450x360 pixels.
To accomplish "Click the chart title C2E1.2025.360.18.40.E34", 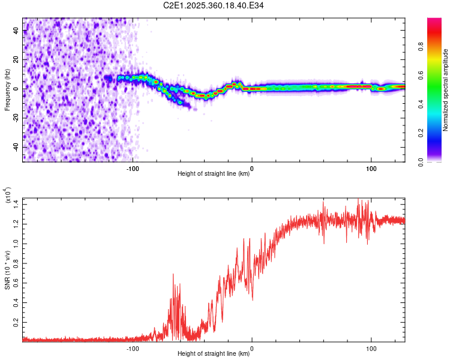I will coord(214,5).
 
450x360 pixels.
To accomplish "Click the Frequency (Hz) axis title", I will coord(8,89).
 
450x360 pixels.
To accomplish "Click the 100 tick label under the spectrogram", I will coord(371,168).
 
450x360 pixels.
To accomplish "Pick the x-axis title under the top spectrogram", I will coord(214,174).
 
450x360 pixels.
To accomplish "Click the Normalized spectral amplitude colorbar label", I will coord(446,90).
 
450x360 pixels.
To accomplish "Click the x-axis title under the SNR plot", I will coord(214,354).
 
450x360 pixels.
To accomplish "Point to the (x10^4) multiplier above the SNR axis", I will coord(8,196).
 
